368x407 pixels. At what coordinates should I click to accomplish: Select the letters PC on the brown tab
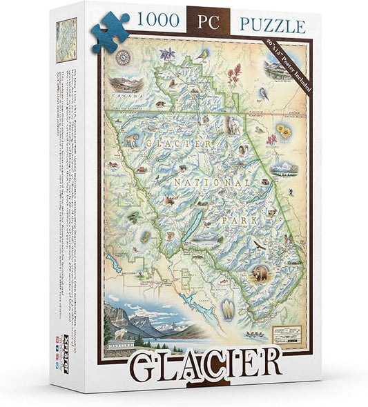209,26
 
